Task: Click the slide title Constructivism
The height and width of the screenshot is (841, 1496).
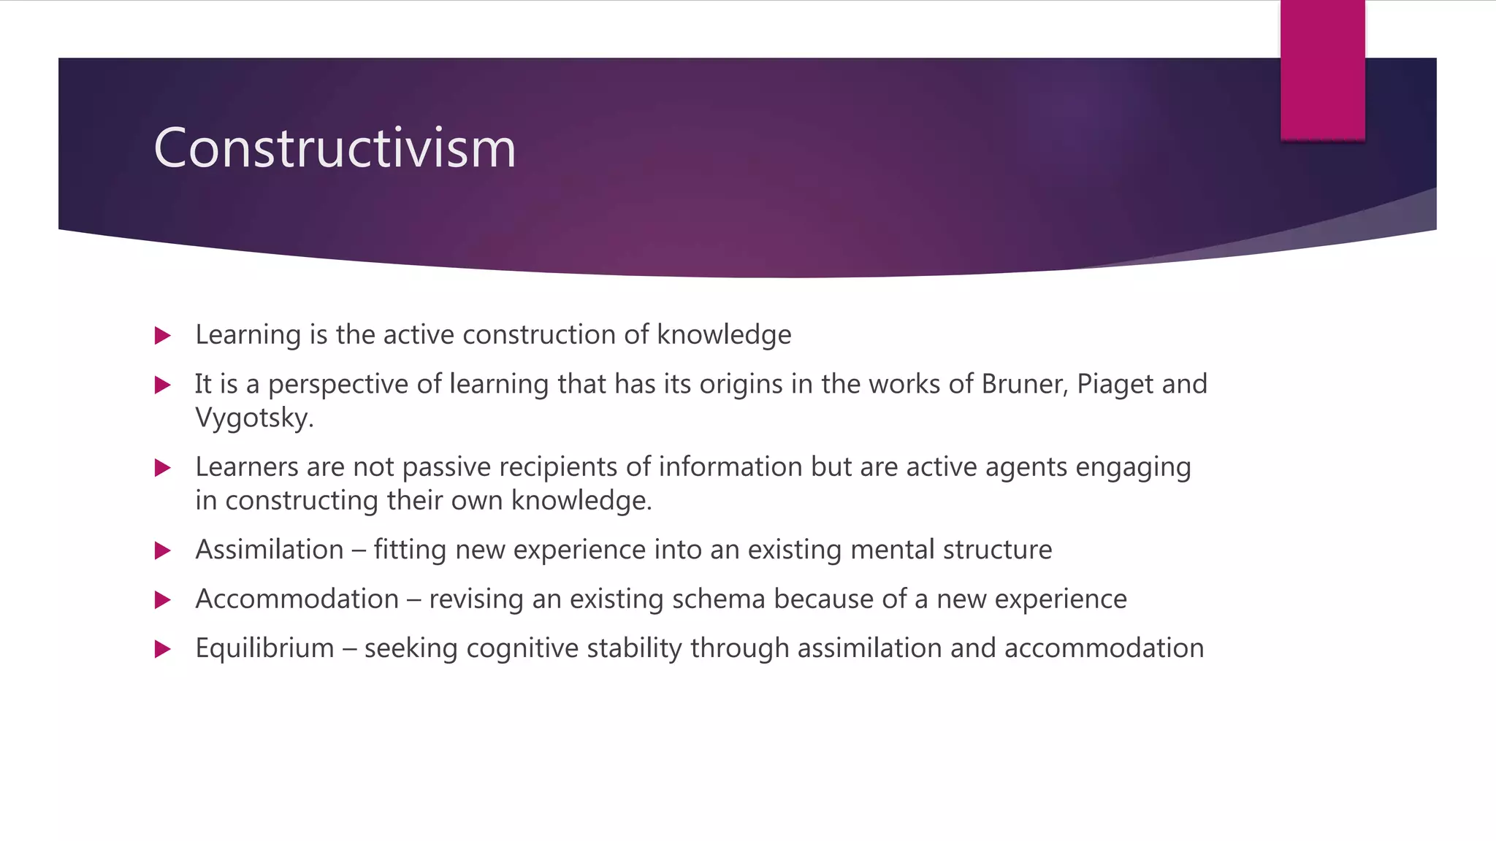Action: click(x=335, y=148)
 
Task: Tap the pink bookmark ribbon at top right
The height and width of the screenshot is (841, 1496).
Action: click(x=1322, y=70)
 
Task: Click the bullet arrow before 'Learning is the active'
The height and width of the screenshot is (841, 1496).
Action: click(x=163, y=336)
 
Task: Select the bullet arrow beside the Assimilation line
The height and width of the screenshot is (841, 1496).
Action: click(x=163, y=550)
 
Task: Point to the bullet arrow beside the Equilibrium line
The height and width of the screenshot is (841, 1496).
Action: click(x=163, y=649)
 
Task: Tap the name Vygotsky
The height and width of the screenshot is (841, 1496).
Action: click(x=253, y=418)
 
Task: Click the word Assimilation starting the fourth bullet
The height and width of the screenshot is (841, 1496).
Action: click(x=270, y=550)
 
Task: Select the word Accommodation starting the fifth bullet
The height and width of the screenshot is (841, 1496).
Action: click(x=297, y=599)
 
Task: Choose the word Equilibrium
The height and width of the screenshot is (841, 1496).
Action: click(x=264, y=649)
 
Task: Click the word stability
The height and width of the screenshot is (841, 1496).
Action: click(x=635, y=649)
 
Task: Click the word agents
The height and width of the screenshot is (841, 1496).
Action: click(x=1026, y=468)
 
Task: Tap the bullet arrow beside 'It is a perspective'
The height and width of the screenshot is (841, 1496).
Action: click(x=163, y=385)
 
